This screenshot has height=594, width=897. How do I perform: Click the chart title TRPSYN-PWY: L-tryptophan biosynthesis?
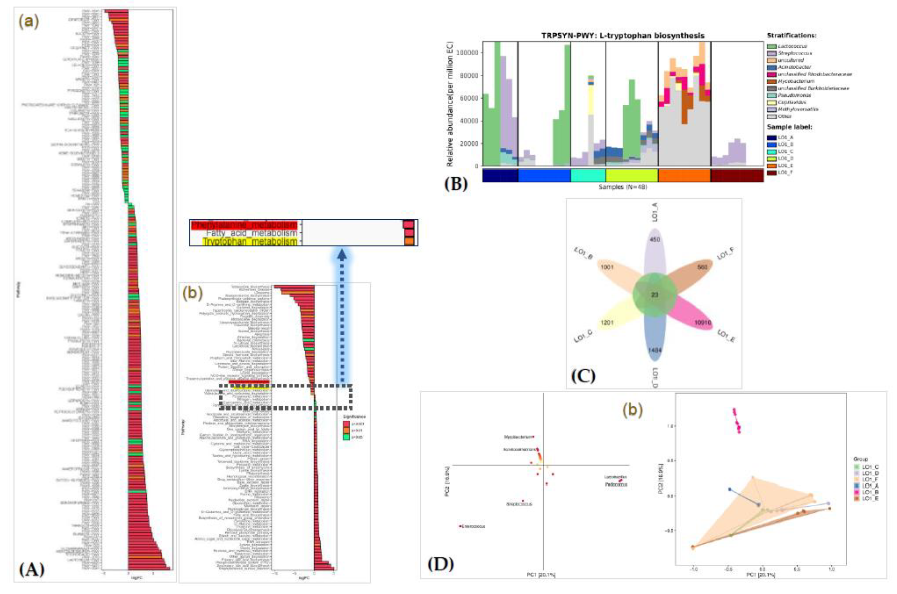pyautogui.click(x=622, y=36)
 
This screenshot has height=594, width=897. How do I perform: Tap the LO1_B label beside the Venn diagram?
pyautogui.click(x=584, y=254)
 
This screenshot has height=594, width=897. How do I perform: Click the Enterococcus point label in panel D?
pyautogui.click(x=473, y=526)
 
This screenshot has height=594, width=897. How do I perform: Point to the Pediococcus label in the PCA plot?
pyautogui.click(x=616, y=484)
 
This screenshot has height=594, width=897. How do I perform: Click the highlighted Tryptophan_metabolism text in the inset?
pyautogui.click(x=249, y=241)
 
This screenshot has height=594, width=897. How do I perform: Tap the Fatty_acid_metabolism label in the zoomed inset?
pyautogui.click(x=251, y=233)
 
